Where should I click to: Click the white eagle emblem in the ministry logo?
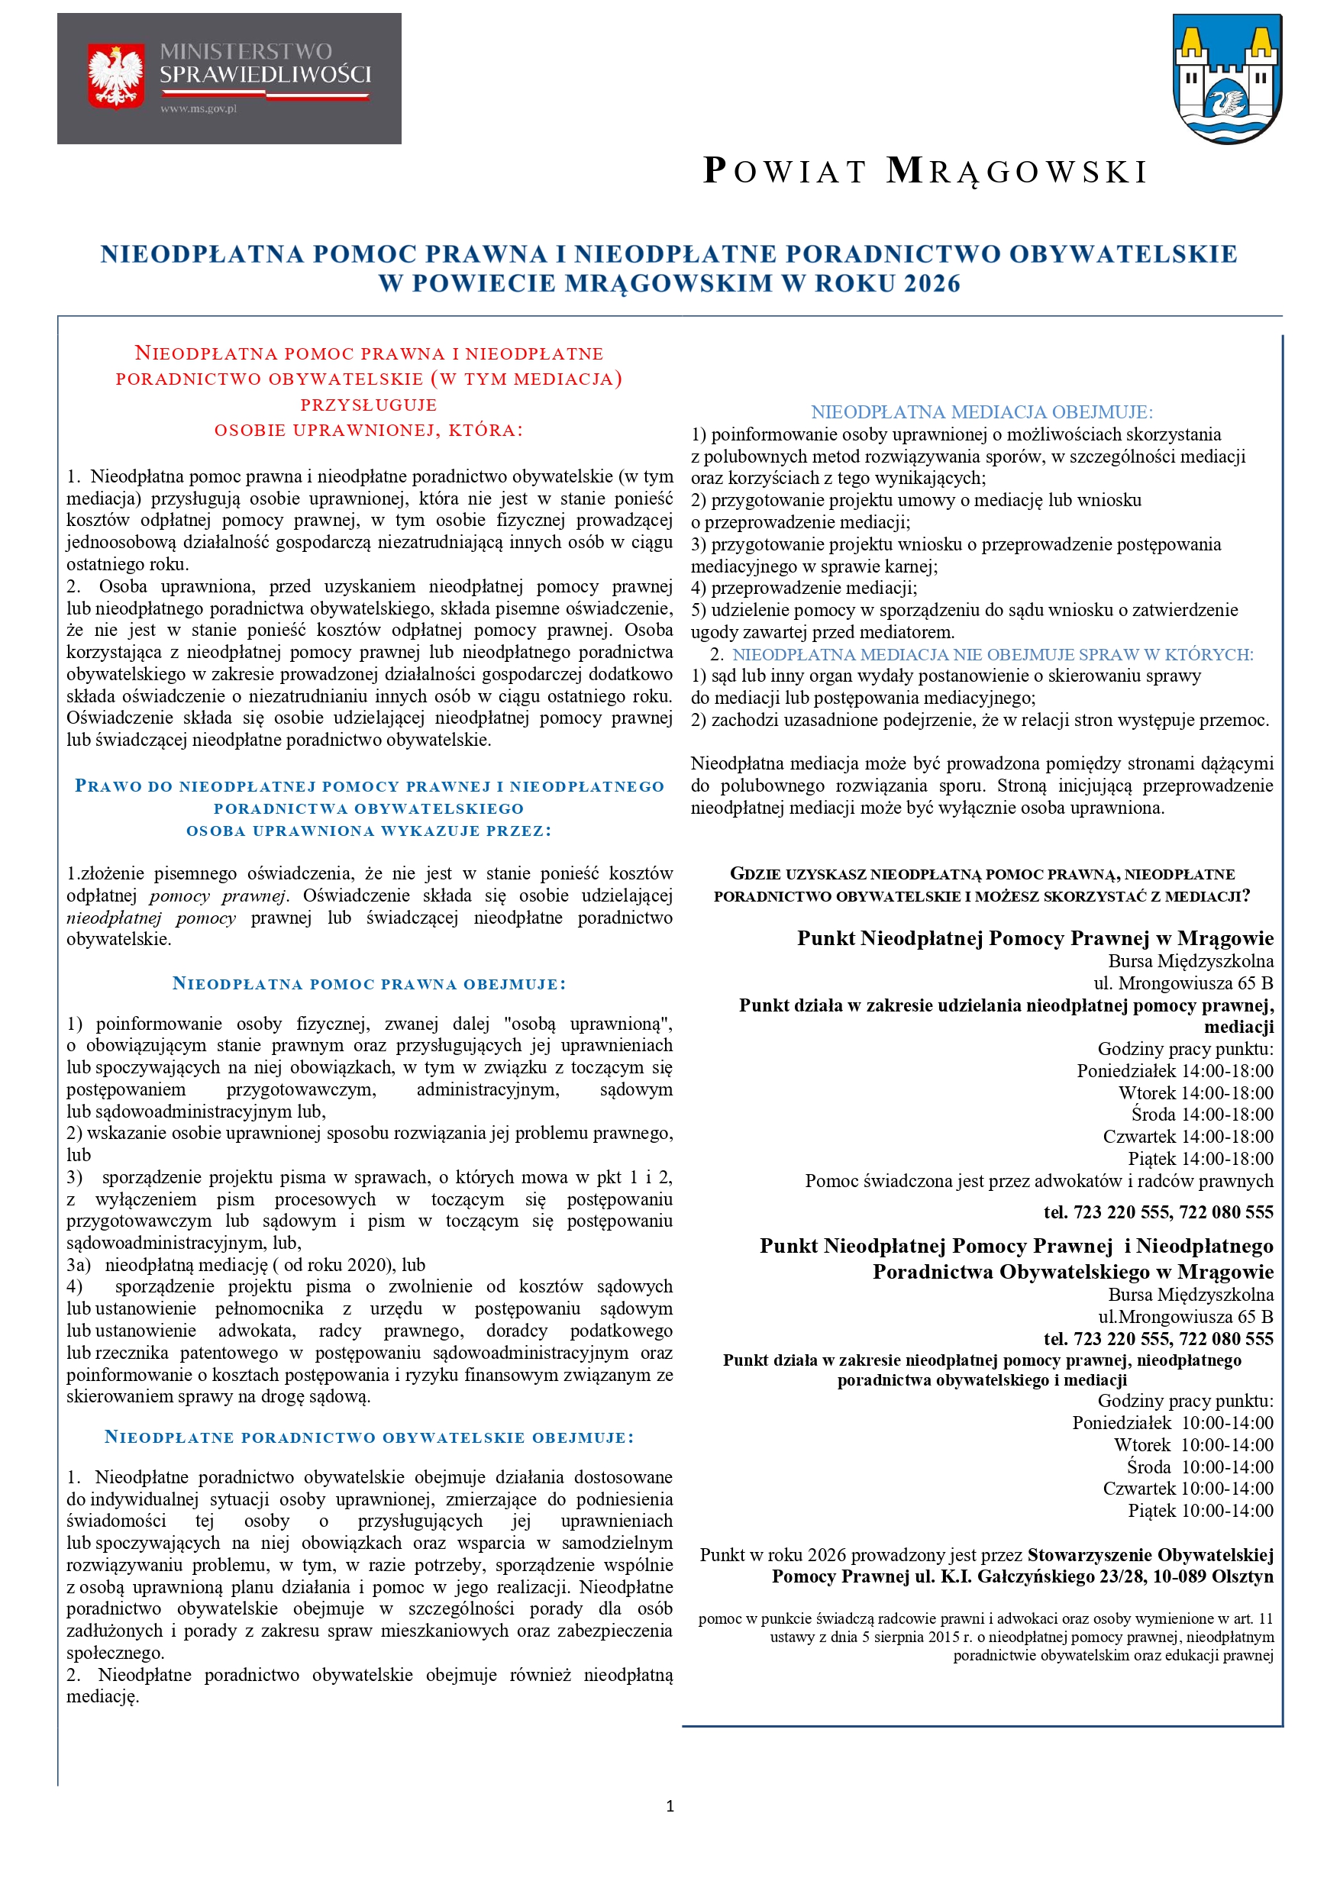pos(115,76)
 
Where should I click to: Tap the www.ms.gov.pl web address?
pos(199,108)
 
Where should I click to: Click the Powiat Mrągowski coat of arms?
pos(1227,79)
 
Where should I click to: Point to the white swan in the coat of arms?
pos(1227,103)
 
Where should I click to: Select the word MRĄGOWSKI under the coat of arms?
pos(1016,172)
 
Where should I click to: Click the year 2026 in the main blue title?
pos(932,284)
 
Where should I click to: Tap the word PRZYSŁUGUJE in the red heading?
pos(368,404)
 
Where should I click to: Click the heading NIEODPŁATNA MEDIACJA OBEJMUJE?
pos(982,411)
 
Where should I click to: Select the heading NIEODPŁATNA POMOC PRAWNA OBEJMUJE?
pos(369,983)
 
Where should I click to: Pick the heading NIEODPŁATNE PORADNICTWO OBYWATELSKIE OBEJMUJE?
pos(369,1437)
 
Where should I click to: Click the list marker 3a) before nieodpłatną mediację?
pos(79,1265)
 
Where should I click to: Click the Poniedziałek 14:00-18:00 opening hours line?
pos(1174,1071)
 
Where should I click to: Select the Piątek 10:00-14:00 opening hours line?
pos(1200,1511)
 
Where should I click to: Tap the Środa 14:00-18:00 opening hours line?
pos(1203,1115)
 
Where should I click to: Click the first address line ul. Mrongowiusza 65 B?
pos(1183,983)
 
